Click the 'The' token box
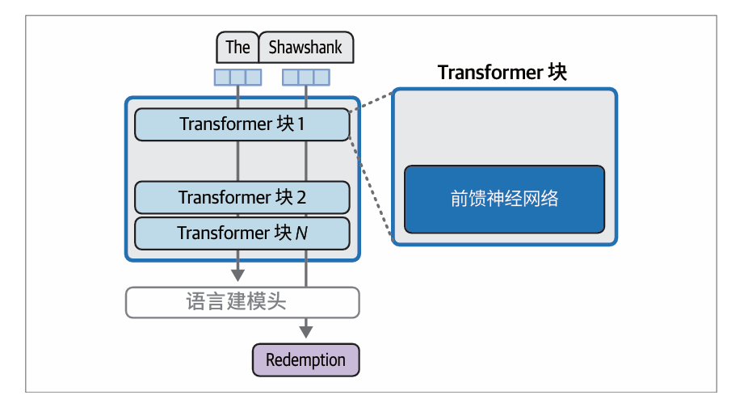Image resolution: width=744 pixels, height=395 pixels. pos(237,48)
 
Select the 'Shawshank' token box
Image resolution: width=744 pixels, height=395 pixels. pos(305,48)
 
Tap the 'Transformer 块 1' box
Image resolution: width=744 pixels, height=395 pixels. pos(242,124)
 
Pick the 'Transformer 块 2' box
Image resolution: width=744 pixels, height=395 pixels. pos(242,197)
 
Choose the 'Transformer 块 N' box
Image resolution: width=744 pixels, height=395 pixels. pos(242,233)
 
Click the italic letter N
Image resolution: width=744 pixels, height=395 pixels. pos(301,233)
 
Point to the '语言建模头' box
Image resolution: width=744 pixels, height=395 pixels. pos(242,302)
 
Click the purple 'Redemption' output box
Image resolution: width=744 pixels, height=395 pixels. pos(305,359)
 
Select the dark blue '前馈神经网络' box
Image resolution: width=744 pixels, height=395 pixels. pos(504,199)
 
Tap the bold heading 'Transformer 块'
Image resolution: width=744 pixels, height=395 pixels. pos(502,72)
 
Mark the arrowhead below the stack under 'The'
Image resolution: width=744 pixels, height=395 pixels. pos(237,274)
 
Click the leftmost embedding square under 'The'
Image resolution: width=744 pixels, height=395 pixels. pos(221,77)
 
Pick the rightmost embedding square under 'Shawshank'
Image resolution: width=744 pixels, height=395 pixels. pos(322,77)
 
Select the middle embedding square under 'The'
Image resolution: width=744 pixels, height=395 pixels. pos(237,77)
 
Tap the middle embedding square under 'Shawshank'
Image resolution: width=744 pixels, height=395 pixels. pos(305,77)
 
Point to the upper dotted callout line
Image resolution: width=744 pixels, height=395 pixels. pos(372,99)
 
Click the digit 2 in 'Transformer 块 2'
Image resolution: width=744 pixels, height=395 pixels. pos(301,197)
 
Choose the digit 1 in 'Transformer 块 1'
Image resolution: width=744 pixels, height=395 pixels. pos(301,124)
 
